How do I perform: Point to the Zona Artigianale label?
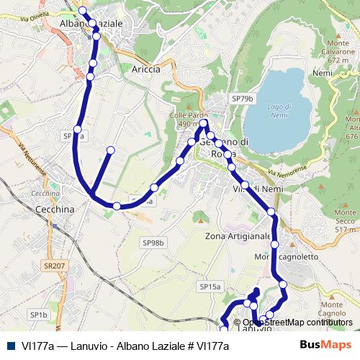click(x=238, y=236)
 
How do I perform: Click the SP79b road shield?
click(x=243, y=98)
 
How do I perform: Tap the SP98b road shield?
click(x=153, y=243)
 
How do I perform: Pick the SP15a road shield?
click(x=210, y=287)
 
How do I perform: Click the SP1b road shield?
click(x=38, y=315)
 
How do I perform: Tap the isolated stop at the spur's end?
click(x=111, y=150)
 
